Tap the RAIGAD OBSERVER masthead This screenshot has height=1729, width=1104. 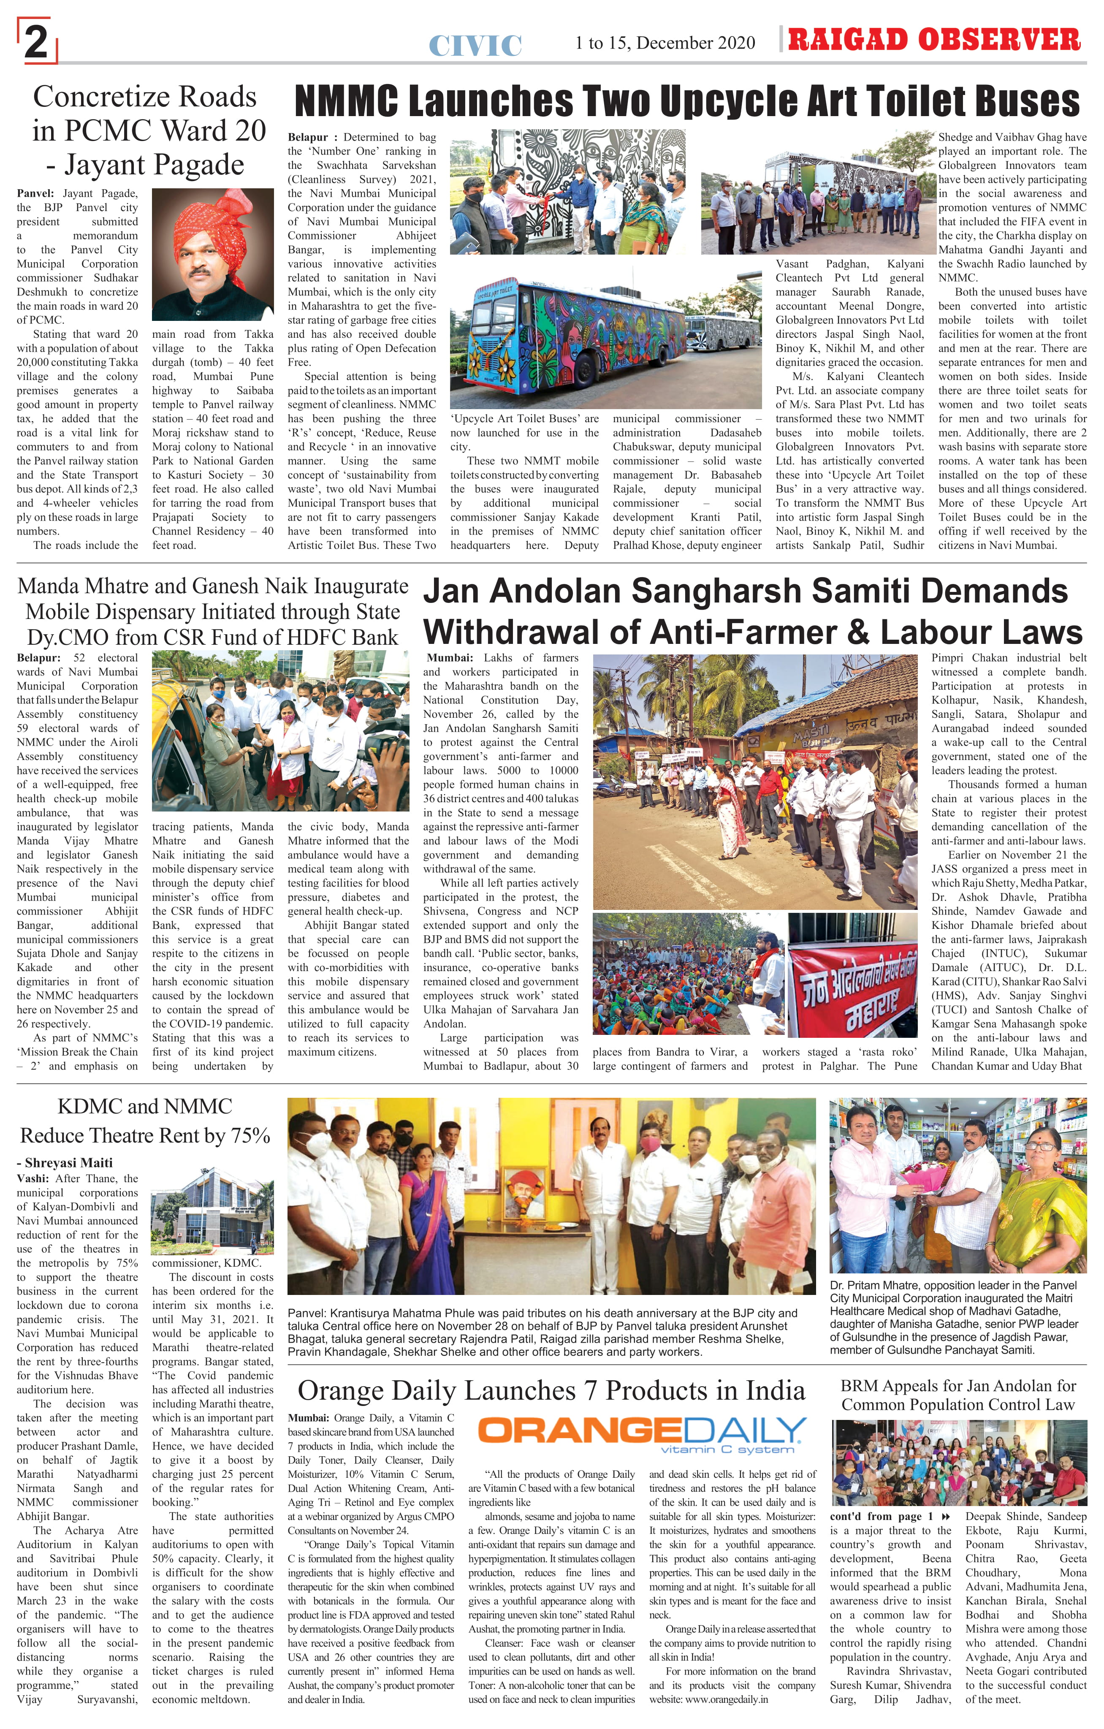933,40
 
